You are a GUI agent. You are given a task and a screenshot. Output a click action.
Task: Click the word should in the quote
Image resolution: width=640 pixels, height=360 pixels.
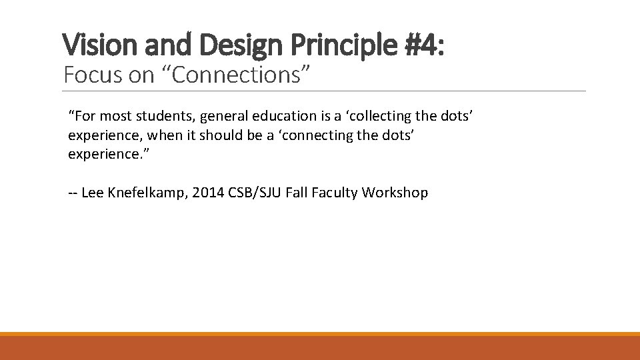point(223,135)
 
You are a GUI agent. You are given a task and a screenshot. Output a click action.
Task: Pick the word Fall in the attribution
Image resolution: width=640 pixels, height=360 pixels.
point(297,193)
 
